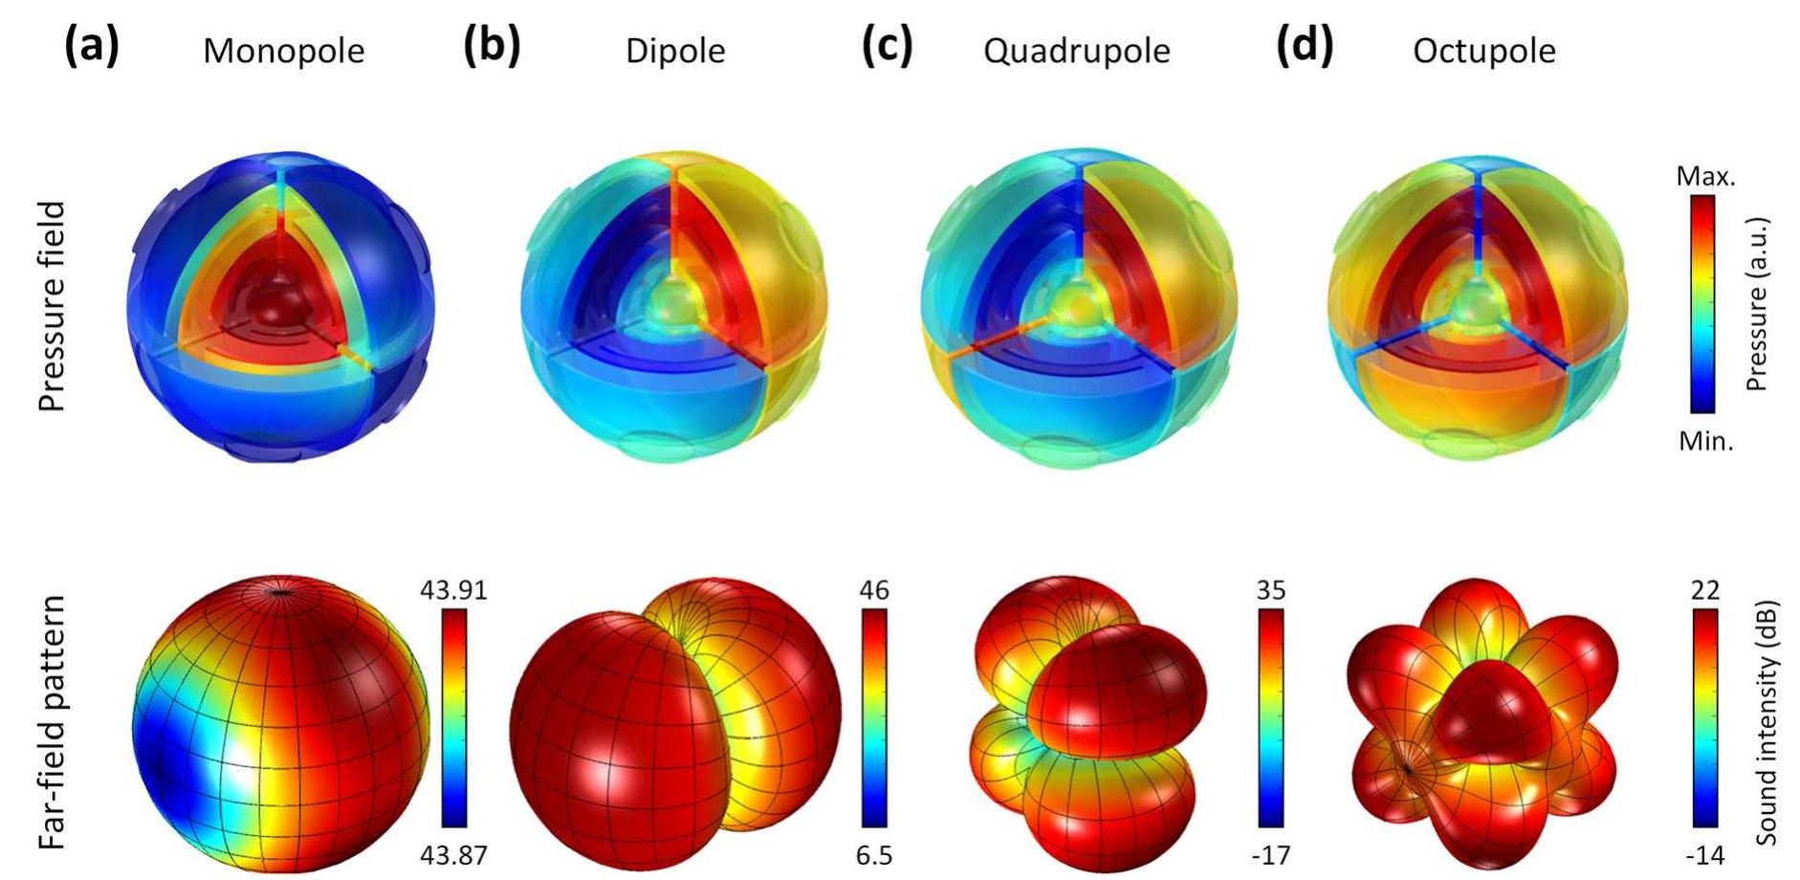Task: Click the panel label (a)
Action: click(x=92, y=46)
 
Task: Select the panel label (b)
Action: click(x=492, y=46)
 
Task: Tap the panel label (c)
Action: click(x=888, y=46)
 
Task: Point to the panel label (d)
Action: click(x=1305, y=46)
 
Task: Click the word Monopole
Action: click(x=283, y=51)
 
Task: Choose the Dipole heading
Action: click(x=675, y=51)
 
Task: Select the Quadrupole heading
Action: click(x=1076, y=51)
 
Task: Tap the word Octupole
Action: click(x=1483, y=51)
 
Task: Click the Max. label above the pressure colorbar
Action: click(x=1705, y=177)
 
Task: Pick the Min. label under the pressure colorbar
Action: click(x=1705, y=442)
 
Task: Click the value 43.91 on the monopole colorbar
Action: click(x=453, y=590)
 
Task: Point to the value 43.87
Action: click(x=453, y=854)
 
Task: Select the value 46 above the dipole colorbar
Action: click(x=874, y=590)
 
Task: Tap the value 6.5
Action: click(x=874, y=854)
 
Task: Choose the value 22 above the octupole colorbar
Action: click(x=1704, y=590)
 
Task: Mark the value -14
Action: click(x=1704, y=854)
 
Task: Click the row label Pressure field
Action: click(x=52, y=306)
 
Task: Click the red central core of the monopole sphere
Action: click(x=280, y=306)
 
